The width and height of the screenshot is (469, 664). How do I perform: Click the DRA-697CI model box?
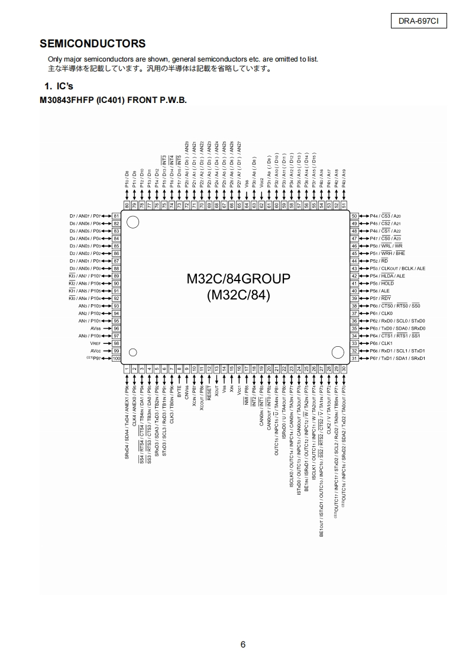tap(418, 22)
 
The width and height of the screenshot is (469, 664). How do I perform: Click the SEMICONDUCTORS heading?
tap(92, 44)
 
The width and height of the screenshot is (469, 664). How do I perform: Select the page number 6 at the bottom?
tap(243, 645)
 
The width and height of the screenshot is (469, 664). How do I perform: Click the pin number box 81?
tap(117, 216)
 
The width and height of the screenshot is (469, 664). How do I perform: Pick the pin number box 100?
tap(116, 359)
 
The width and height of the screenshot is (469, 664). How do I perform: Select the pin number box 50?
tap(355, 216)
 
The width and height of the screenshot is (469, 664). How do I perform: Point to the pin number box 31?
tap(355, 359)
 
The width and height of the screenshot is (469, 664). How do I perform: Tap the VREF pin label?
tap(96, 343)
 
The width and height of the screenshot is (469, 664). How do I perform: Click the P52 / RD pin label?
tap(379, 261)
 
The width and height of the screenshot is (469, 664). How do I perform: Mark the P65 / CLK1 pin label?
tap(381, 343)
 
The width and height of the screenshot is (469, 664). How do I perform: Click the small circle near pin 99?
tap(133, 353)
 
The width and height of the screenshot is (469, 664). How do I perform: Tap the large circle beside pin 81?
tap(133, 222)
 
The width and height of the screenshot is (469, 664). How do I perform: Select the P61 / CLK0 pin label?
tap(381, 313)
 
